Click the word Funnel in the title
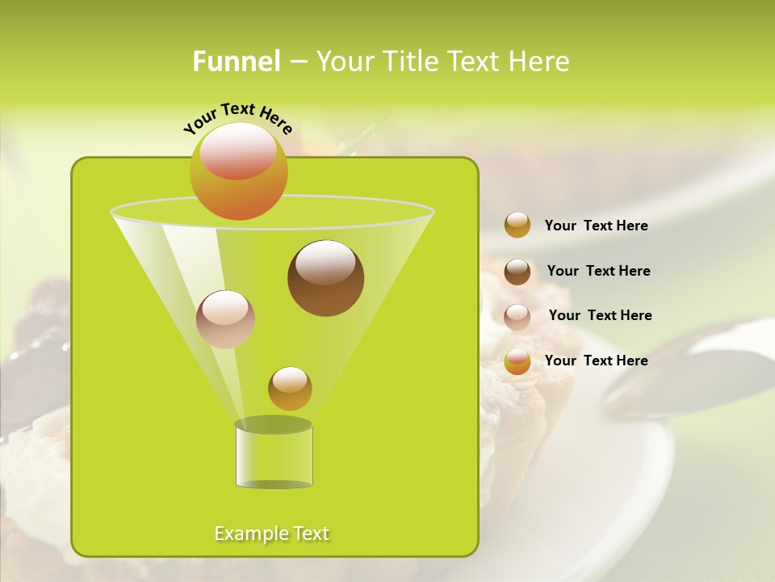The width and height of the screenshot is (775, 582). [236, 61]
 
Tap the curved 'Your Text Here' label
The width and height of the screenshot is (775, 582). [237, 118]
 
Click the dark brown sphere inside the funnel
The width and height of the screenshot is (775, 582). [325, 278]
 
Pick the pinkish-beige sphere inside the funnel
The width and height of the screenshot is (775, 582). [225, 319]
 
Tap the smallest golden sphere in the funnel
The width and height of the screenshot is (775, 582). [290, 389]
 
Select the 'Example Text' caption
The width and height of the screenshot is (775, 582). [272, 533]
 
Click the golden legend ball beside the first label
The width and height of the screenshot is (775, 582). [517, 226]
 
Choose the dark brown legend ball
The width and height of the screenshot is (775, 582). [517, 272]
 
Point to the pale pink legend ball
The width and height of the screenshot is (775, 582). [517, 317]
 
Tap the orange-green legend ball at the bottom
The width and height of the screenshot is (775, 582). [517, 361]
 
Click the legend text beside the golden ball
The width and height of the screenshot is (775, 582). [596, 226]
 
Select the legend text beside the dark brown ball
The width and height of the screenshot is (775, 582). [598, 272]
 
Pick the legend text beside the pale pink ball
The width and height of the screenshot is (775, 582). [600, 316]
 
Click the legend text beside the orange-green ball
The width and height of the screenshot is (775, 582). [596, 361]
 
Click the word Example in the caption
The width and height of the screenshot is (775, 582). [248, 533]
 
